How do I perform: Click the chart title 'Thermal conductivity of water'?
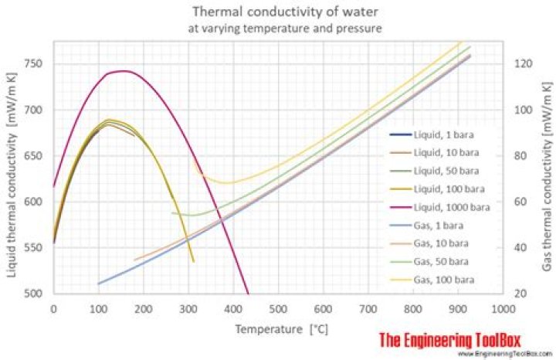click(x=277, y=12)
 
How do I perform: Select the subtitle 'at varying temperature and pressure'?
click(x=277, y=29)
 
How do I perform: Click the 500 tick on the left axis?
click(x=36, y=294)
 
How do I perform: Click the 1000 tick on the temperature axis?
click(x=502, y=308)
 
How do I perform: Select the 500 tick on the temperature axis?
click(x=277, y=308)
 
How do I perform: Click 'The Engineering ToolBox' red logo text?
click(x=450, y=339)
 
